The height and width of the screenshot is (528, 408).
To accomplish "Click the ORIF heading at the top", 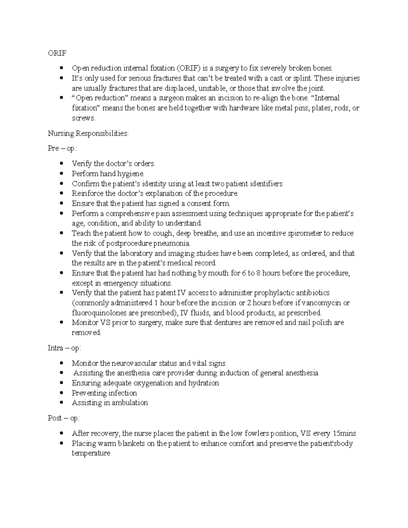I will [57, 53].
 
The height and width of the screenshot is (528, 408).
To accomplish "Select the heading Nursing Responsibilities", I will [88, 133].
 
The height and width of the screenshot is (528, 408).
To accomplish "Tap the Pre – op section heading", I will [63, 149].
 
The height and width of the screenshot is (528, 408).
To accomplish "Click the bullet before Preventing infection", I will [61, 393].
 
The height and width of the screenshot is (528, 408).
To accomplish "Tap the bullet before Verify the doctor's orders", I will [61, 164].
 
